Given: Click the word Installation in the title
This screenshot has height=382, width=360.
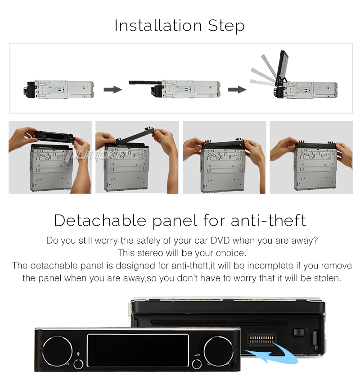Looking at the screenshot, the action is click(x=158, y=25).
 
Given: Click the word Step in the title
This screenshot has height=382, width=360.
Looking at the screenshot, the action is click(x=226, y=26).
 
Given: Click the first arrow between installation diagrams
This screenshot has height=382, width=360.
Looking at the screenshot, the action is click(x=112, y=89).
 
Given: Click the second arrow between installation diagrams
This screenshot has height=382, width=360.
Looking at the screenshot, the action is click(x=237, y=89).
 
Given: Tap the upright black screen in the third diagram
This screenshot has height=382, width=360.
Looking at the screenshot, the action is click(x=282, y=68).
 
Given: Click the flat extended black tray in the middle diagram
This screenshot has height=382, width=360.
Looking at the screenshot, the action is click(x=145, y=83).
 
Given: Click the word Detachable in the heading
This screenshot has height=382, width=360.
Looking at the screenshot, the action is click(x=100, y=220).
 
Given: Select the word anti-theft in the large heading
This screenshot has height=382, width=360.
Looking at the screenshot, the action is click(x=268, y=220).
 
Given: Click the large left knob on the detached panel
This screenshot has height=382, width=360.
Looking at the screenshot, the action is click(x=57, y=351).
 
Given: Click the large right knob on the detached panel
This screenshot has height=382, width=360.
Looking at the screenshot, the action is click(x=219, y=351).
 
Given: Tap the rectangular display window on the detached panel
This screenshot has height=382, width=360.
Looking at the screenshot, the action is click(x=138, y=350).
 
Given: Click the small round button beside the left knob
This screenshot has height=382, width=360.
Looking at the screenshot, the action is click(x=78, y=364).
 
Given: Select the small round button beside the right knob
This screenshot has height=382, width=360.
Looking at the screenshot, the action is click(x=197, y=364).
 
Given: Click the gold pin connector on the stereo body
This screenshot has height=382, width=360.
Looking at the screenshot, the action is click(x=261, y=339).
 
